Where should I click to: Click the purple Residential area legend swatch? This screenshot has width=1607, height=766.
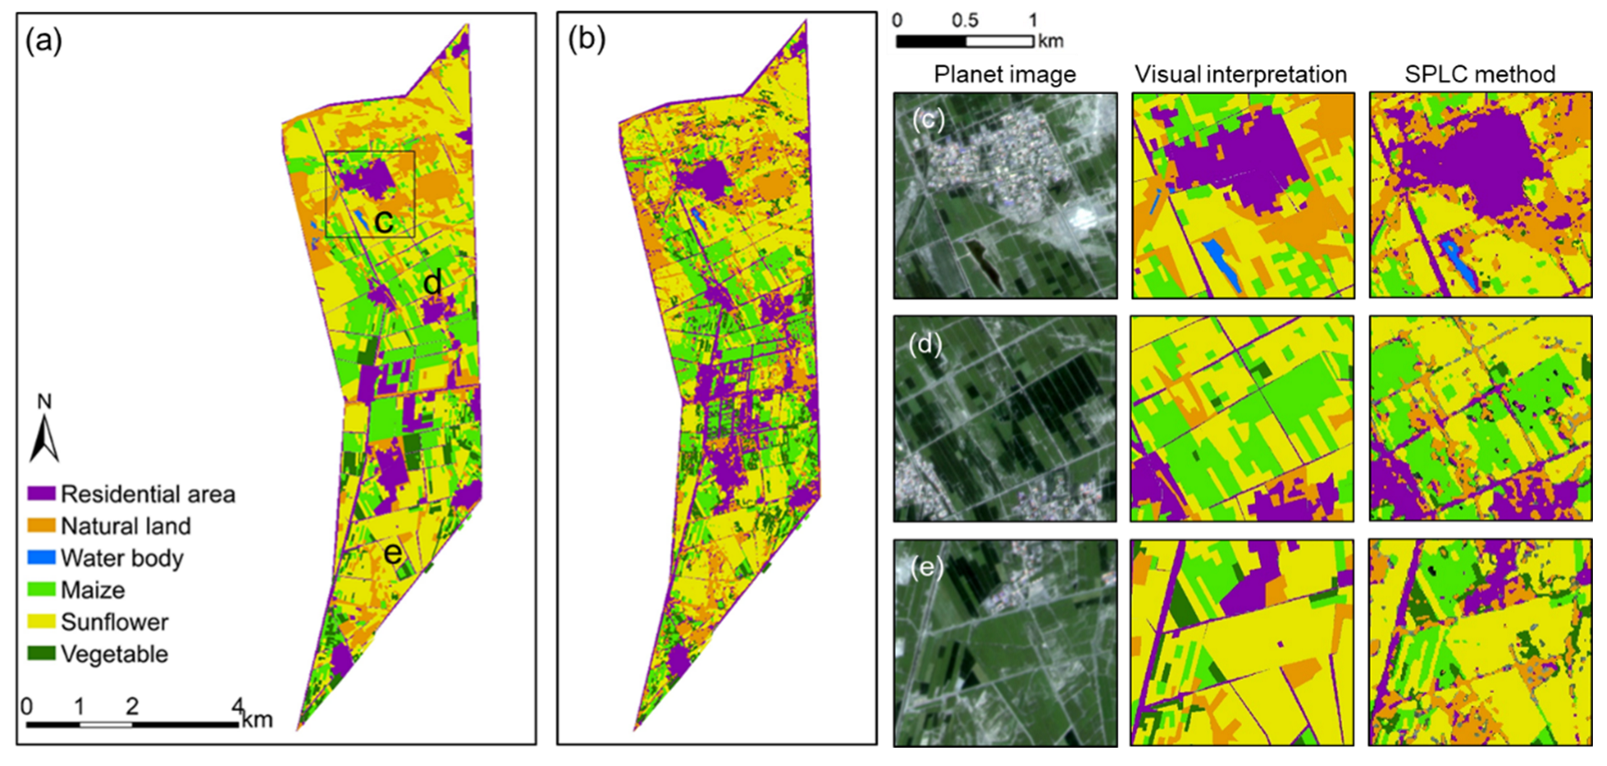[42, 494]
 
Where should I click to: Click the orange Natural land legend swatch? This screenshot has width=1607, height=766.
[42, 525]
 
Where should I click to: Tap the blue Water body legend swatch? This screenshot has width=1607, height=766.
[42, 557]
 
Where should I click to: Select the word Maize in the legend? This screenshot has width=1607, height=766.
[92, 589]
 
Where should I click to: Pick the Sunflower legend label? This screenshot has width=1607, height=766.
[114, 622]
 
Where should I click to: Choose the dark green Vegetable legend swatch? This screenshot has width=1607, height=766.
[42, 654]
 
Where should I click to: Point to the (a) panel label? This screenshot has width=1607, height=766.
[43, 40]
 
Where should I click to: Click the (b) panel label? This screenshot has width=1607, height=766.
[586, 38]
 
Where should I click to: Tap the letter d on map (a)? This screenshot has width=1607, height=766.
[432, 283]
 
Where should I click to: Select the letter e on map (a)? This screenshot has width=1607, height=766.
[392, 553]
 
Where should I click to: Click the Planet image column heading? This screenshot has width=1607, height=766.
[1005, 74]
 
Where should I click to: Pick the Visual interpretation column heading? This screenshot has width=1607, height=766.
[1240, 74]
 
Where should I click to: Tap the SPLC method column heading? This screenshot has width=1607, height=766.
[1480, 74]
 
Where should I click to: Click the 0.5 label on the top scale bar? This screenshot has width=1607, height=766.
[965, 19]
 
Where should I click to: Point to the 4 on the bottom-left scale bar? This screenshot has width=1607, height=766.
[237, 706]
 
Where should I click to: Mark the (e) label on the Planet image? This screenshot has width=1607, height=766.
[926, 567]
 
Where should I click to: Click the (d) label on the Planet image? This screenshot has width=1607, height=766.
[926, 343]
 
